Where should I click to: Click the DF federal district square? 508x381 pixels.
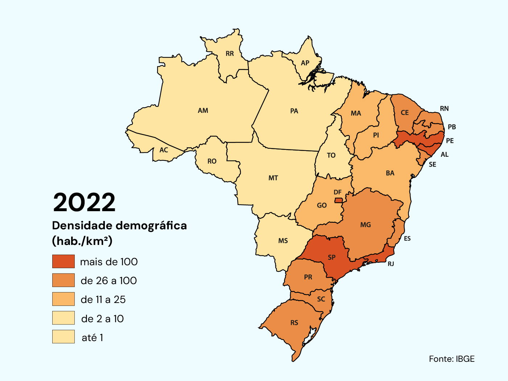pyautogui.click(x=338, y=200)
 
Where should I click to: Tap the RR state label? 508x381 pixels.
pyautogui.click(x=230, y=54)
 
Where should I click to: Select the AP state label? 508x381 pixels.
pyautogui.click(x=305, y=63)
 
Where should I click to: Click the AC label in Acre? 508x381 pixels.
pyautogui.click(x=164, y=150)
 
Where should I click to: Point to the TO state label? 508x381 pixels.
pyautogui.click(x=331, y=155)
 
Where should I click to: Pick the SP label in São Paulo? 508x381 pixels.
pyautogui.click(x=332, y=257)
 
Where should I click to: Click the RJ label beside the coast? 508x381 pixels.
pyautogui.click(x=391, y=264)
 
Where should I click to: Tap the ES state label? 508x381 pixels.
pyautogui.click(x=407, y=238)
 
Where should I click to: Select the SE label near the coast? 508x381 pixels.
pyautogui.click(x=433, y=164)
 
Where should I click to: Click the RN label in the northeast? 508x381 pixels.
pyautogui.click(x=444, y=108)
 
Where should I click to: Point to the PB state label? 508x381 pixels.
pyautogui.click(x=452, y=127)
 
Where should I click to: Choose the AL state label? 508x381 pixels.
pyautogui.click(x=444, y=155)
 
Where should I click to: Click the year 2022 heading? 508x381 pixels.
pyautogui.click(x=84, y=202)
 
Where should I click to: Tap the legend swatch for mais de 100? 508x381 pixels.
pyautogui.click(x=64, y=261)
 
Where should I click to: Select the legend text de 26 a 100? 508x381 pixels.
pyautogui.click(x=108, y=280)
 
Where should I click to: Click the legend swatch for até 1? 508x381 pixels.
pyautogui.click(x=64, y=337)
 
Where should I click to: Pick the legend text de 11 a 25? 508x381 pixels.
pyautogui.click(x=103, y=299)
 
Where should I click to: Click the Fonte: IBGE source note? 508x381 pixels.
pyautogui.click(x=451, y=359)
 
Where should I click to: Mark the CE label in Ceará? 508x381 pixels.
pyautogui.click(x=405, y=112)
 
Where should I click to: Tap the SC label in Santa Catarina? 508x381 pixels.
pyautogui.click(x=321, y=299)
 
